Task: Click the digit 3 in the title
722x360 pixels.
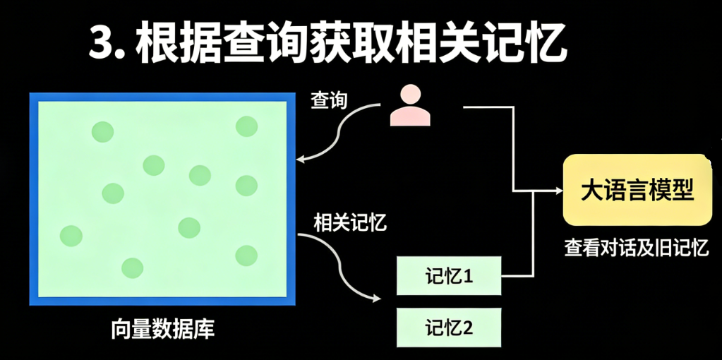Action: (x=101, y=45)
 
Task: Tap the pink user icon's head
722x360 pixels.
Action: (x=410, y=95)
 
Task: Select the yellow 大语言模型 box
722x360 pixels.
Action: (x=636, y=189)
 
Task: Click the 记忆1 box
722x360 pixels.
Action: (x=449, y=276)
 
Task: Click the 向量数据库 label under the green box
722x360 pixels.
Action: (x=162, y=329)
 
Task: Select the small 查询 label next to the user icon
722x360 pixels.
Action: (x=329, y=101)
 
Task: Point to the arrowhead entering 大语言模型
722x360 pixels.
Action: (x=558, y=190)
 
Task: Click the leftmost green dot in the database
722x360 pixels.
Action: (x=71, y=235)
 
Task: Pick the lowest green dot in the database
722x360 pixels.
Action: (x=133, y=268)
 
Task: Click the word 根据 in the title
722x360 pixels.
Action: (x=166, y=45)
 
